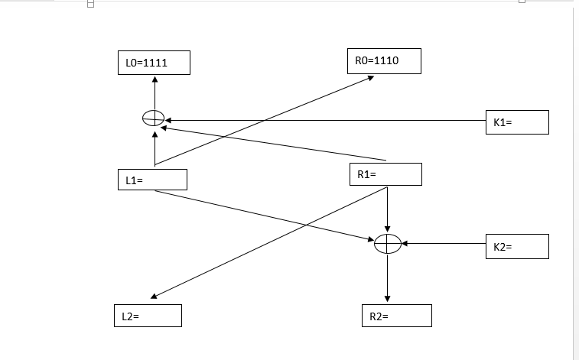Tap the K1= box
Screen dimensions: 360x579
[x=516, y=122]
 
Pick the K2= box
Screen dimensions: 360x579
[x=516, y=247]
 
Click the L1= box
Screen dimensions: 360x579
[x=151, y=180]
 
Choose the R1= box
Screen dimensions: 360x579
[x=385, y=174]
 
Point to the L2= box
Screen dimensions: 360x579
[x=149, y=316]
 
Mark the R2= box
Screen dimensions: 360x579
[x=396, y=316]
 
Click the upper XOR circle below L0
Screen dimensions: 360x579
[x=154, y=118]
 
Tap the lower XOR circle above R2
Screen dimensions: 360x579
[x=388, y=244]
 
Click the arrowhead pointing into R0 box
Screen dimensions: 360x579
[x=370, y=76]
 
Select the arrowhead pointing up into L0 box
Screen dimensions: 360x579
[x=155, y=79]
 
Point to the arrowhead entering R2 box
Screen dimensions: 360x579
[x=388, y=300]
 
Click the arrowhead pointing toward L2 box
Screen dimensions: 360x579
[x=154, y=297]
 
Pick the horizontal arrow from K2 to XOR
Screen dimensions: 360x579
[x=444, y=244]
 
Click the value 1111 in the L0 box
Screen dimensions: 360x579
[x=156, y=63]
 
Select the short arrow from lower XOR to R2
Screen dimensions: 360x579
[x=388, y=279]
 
